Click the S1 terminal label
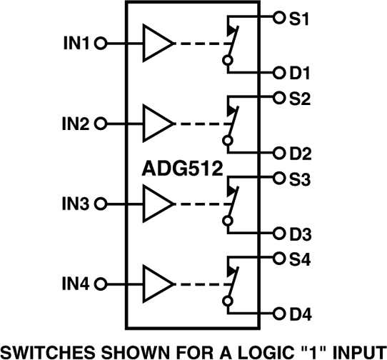(x=298, y=18)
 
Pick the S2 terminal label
(x=298, y=99)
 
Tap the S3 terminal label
(x=298, y=179)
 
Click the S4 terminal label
(x=298, y=259)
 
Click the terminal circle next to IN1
(x=100, y=44)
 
